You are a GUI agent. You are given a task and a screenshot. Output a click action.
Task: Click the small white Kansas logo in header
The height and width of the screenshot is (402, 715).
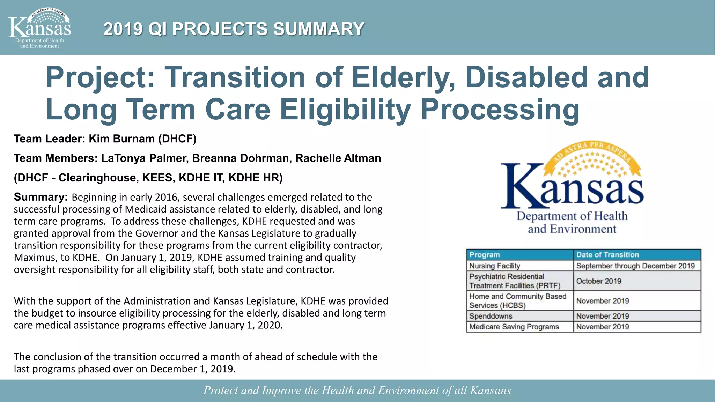(39, 28)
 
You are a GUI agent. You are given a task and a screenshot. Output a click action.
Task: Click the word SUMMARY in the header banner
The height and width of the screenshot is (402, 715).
(318, 29)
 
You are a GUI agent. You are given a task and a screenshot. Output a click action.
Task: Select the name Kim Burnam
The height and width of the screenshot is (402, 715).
(121, 139)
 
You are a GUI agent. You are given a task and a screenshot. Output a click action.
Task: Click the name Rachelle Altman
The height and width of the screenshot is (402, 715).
(338, 158)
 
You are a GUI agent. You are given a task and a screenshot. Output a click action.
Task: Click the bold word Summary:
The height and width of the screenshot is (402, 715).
(40, 197)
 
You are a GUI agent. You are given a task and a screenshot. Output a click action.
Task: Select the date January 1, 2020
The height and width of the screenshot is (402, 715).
(245, 325)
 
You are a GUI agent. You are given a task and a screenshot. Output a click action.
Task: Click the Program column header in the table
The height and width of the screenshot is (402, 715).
(485, 255)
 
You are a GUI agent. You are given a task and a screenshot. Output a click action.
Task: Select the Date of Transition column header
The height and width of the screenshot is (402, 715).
(607, 255)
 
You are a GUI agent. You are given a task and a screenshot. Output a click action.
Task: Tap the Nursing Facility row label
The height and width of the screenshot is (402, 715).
(494, 266)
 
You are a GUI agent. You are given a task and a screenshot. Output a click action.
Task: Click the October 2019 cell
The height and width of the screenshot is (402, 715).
(598, 281)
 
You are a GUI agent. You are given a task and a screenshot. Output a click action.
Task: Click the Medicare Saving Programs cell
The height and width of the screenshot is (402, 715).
(514, 327)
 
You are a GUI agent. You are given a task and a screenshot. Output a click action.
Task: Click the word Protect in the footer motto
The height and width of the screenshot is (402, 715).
(220, 390)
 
